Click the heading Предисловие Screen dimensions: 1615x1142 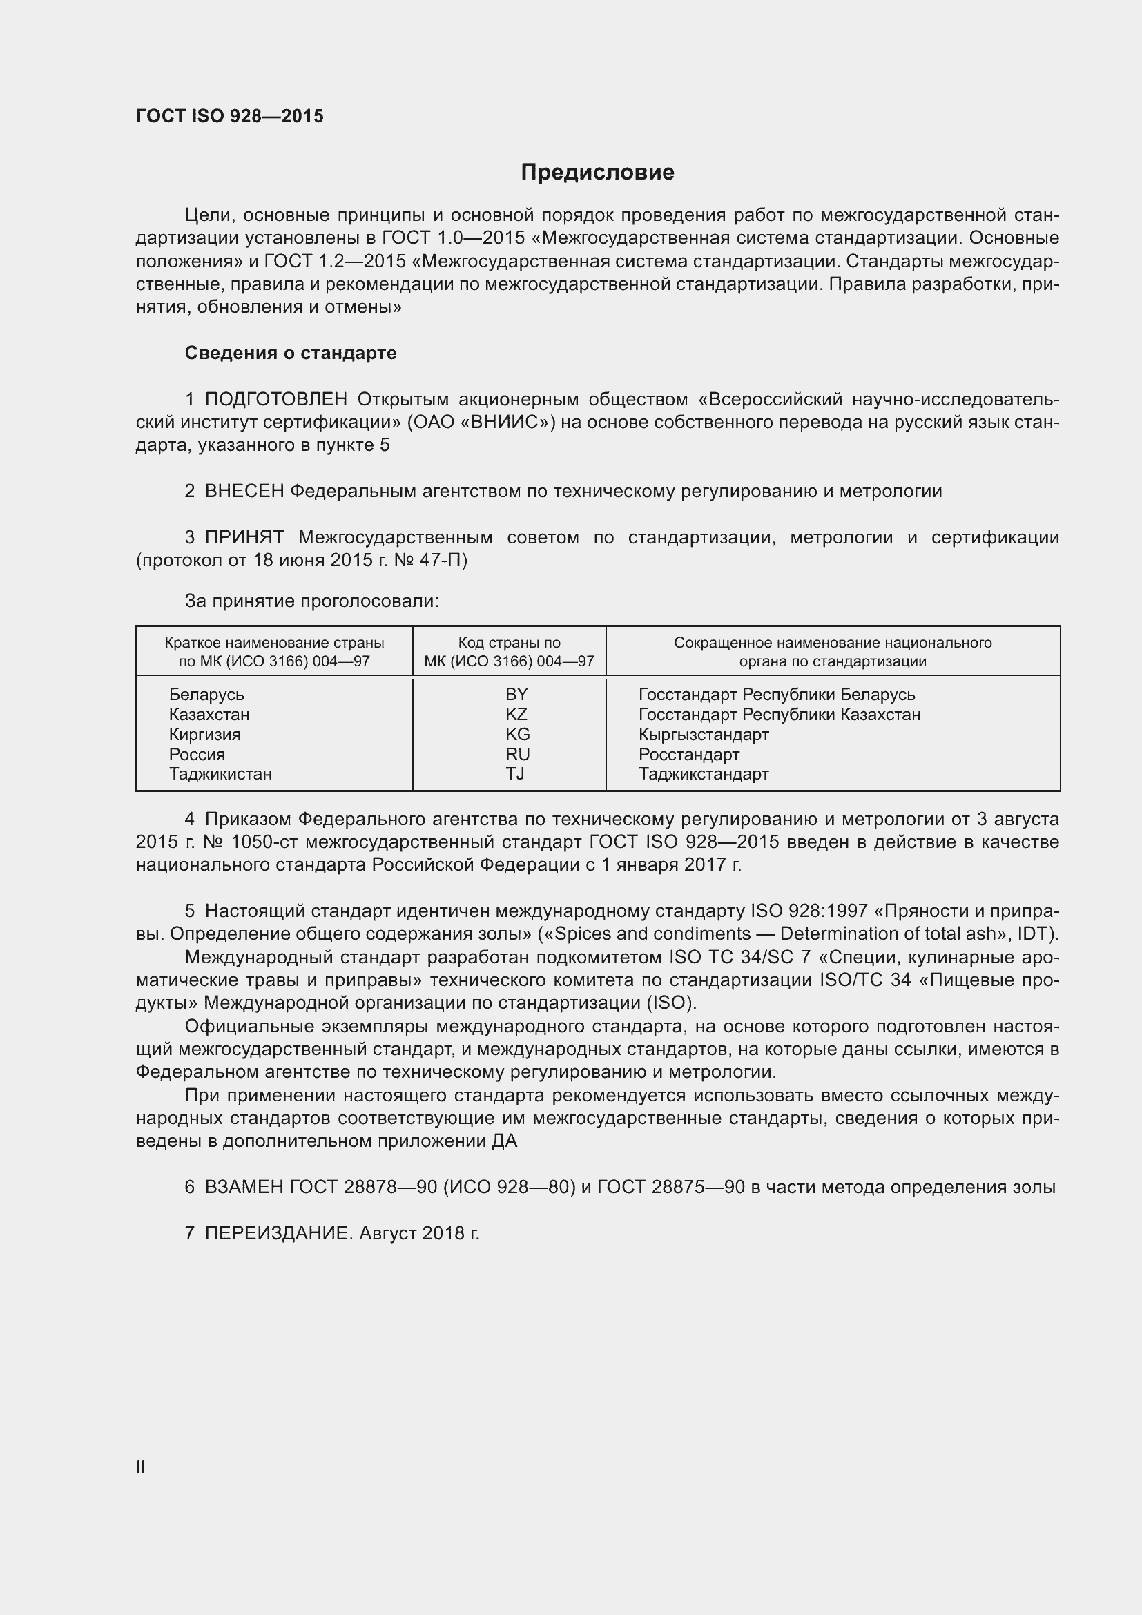pyautogui.click(x=597, y=173)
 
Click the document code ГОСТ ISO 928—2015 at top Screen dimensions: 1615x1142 pyautogui.click(x=229, y=116)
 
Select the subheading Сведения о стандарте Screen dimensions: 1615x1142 pyautogui.click(x=291, y=353)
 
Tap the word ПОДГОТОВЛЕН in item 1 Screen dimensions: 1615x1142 pyautogui.click(x=275, y=400)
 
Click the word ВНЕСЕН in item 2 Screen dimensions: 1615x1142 pyautogui.click(x=244, y=492)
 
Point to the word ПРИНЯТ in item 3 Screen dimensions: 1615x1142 pyautogui.click(x=244, y=538)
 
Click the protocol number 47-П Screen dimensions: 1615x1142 pyautogui.click(x=447, y=561)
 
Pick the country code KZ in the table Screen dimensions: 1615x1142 pyautogui.click(x=516, y=715)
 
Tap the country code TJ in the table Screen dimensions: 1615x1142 pyautogui.click(x=515, y=775)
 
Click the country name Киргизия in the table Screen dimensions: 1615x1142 pyautogui.click(x=204, y=735)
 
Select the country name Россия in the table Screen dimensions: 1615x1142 pyautogui.click(x=197, y=755)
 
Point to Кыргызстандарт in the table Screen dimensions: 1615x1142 pyautogui.click(x=703, y=735)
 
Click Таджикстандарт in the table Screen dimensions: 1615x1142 pyautogui.click(x=703, y=775)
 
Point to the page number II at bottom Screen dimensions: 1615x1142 pyautogui.click(x=141, y=1467)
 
